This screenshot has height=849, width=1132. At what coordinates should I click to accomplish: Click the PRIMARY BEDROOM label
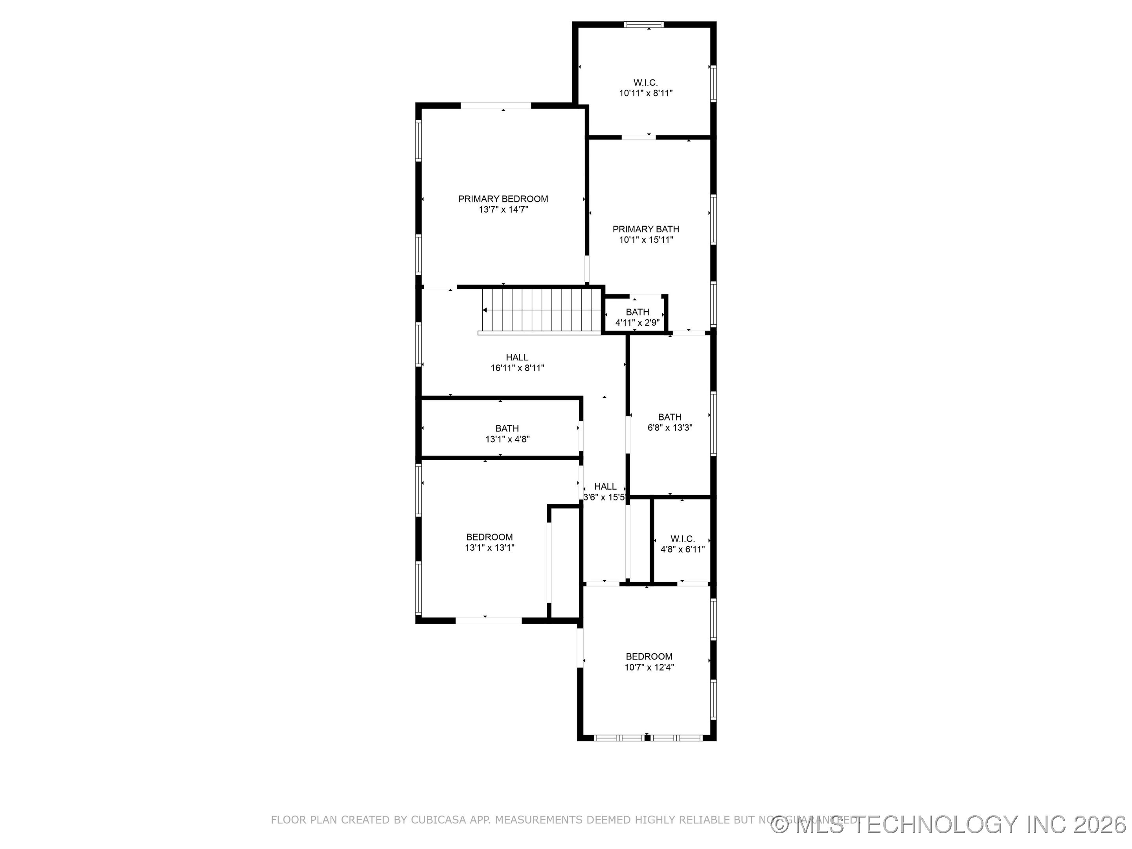pyautogui.click(x=503, y=198)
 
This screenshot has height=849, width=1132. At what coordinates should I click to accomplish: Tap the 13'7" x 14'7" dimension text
pyautogui.click(x=503, y=210)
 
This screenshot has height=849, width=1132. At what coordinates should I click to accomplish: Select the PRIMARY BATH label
pyautogui.click(x=646, y=229)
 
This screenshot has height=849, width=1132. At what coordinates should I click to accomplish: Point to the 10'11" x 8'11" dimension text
pyautogui.click(x=646, y=93)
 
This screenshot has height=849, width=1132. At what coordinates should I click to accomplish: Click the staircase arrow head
pyautogui.click(x=485, y=310)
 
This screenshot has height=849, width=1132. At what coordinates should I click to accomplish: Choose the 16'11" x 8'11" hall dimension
pyautogui.click(x=517, y=368)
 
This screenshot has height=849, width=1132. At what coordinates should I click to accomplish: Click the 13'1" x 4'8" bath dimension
pyautogui.click(x=507, y=439)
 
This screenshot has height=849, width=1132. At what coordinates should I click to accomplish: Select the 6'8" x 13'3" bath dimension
pyautogui.click(x=670, y=428)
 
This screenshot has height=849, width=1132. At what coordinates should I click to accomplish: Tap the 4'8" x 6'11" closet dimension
pyautogui.click(x=682, y=549)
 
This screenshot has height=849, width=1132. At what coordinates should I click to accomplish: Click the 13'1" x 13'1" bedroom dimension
pyautogui.click(x=489, y=548)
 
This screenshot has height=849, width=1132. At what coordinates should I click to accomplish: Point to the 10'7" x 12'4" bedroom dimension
pyautogui.click(x=649, y=667)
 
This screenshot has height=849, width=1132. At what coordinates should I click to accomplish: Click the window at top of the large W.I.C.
pyautogui.click(x=644, y=24)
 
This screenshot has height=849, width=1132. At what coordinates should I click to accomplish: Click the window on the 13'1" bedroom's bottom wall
pyautogui.click(x=488, y=621)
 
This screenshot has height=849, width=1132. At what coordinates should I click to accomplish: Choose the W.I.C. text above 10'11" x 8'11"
pyautogui.click(x=645, y=83)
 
